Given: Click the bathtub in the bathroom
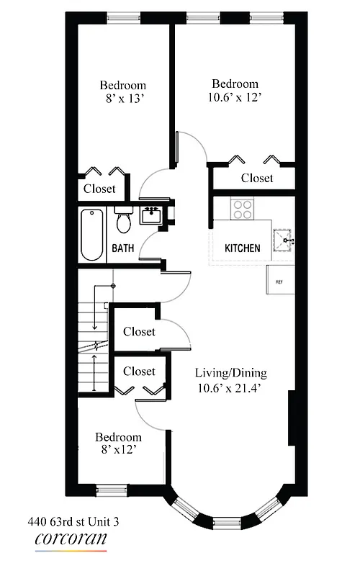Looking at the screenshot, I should tap(91, 235).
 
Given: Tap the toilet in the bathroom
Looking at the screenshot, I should tap(123, 221).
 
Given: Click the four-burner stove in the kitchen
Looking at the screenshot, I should tap(243, 210).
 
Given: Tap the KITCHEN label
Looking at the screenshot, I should tap(242, 248).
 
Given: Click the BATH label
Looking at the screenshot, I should tap(122, 248).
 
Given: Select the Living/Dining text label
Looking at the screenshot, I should tap(230, 373).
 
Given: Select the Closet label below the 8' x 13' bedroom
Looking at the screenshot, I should tap(99, 189).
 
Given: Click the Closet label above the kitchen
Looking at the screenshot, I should tap(257, 178).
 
